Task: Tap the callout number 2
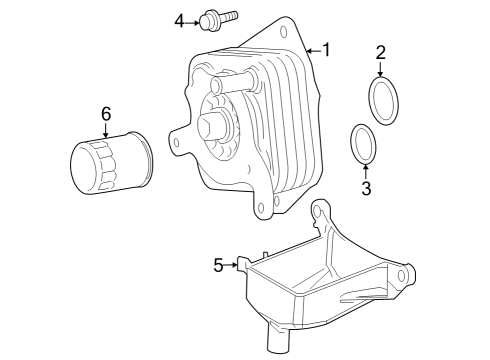[x=380, y=52]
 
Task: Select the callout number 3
[x=366, y=187]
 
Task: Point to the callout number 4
[x=180, y=20]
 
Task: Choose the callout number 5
[x=218, y=265]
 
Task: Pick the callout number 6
[x=105, y=113]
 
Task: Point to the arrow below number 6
[x=105, y=132]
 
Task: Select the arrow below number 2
[x=380, y=69]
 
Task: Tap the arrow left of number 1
[x=311, y=48]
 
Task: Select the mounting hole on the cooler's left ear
[x=177, y=142]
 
